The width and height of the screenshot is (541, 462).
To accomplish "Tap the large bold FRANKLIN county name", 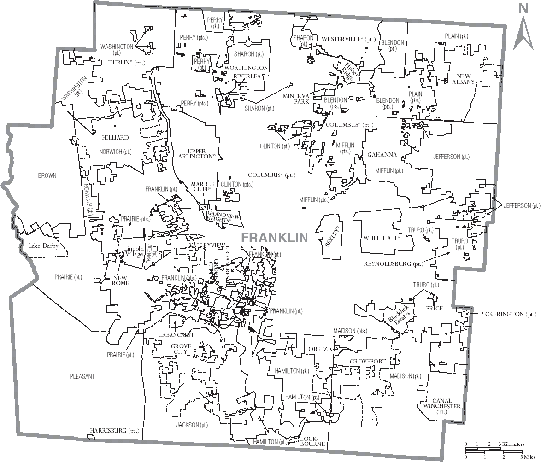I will click(274, 238).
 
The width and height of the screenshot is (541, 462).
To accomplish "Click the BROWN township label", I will click(47, 175).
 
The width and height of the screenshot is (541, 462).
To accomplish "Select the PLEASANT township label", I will click(82, 376).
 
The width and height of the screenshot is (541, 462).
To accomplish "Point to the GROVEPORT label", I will click(367, 361).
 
